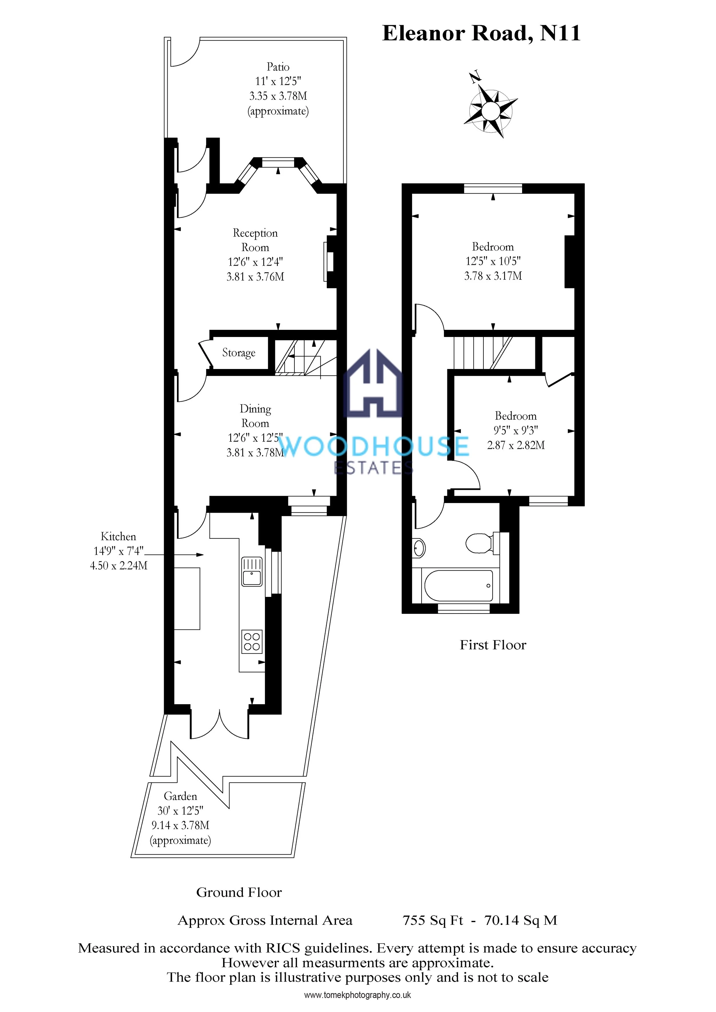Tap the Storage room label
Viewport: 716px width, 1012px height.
tap(239, 353)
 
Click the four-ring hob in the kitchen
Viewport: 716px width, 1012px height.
tap(252, 641)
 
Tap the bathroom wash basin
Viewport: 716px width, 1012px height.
tap(419, 548)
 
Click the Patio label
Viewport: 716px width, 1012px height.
tap(278, 67)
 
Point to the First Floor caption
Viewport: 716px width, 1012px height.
tap(493, 645)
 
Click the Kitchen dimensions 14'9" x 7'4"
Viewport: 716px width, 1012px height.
tap(119, 551)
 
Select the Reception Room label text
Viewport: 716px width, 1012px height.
tap(255, 240)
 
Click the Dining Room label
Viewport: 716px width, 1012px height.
tap(255, 416)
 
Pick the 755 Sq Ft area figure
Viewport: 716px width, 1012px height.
tap(433, 920)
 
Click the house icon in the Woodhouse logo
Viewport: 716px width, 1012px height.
tap(373, 383)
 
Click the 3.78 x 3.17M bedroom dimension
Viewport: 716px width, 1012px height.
tap(493, 276)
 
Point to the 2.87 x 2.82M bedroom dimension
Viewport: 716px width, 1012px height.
tap(516, 445)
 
